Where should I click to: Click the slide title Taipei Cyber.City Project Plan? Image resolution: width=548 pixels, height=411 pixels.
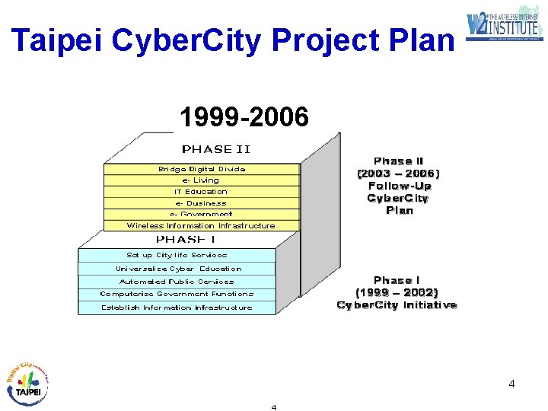tap(232, 40)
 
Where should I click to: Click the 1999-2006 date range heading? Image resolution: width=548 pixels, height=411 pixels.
tap(244, 117)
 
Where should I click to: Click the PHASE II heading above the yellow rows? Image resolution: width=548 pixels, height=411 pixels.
tap(216, 149)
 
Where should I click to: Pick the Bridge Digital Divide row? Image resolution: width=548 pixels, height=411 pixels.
tap(202, 169)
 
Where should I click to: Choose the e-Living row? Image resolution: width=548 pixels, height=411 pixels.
tap(202, 180)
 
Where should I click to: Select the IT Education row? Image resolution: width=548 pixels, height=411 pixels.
tap(202, 192)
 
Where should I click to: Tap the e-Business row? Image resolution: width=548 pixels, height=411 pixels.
tap(202, 203)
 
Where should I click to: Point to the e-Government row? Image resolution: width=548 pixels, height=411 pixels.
tap(202, 214)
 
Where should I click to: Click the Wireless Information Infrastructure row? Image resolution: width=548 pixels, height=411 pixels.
tap(202, 225)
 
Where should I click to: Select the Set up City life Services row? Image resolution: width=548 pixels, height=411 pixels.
tap(177, 255)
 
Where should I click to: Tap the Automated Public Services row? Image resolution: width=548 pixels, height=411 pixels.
tap(177, 282)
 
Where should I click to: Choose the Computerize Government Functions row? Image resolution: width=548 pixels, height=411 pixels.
tap(177, 294)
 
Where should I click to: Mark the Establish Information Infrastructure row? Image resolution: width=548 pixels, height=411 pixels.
tap(177, 307)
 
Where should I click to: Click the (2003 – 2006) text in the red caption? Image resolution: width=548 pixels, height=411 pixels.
tap(399, 174)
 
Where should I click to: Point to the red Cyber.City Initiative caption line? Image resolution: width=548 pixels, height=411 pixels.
tap(397, 305)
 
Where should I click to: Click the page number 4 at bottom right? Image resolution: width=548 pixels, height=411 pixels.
tap(511, 384)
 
